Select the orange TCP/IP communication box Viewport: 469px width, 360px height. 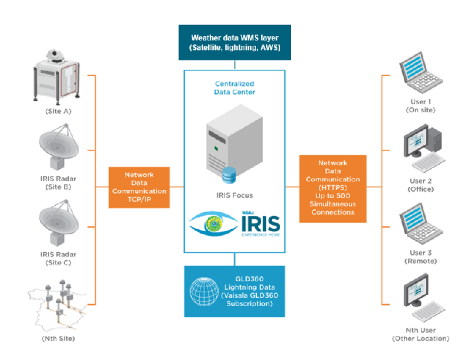tap(139, 186)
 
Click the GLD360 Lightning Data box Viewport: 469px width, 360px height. tap(235, 291)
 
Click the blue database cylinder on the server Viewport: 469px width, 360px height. tap(229, 175)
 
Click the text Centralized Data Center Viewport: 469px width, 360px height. tap(235, 88)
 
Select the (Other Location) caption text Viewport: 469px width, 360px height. tap(420, 339)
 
